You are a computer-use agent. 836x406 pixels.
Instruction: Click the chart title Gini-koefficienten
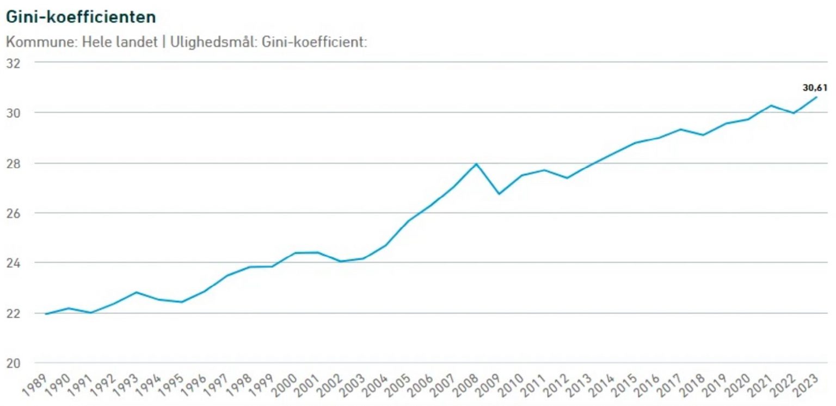pos(81,17)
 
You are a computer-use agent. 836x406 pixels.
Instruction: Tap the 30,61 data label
pos(815,87)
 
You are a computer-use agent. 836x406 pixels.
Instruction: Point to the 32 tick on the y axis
pos(13,63)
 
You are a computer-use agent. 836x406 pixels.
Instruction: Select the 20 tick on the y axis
pos(13,363)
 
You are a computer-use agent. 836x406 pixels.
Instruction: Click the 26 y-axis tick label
pos(13,213)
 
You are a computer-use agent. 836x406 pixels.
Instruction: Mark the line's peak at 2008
pos(476,164)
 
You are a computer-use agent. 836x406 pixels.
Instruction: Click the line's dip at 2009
pos(499,194)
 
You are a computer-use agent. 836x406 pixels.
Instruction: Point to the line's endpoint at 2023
pos(816,97)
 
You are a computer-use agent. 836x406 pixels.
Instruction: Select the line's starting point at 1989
pos(46,314)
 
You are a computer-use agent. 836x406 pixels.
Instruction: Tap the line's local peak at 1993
pos(137,292)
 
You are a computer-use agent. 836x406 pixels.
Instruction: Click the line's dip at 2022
pos(794,113)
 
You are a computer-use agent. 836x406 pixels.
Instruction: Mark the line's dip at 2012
pos(567,178)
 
